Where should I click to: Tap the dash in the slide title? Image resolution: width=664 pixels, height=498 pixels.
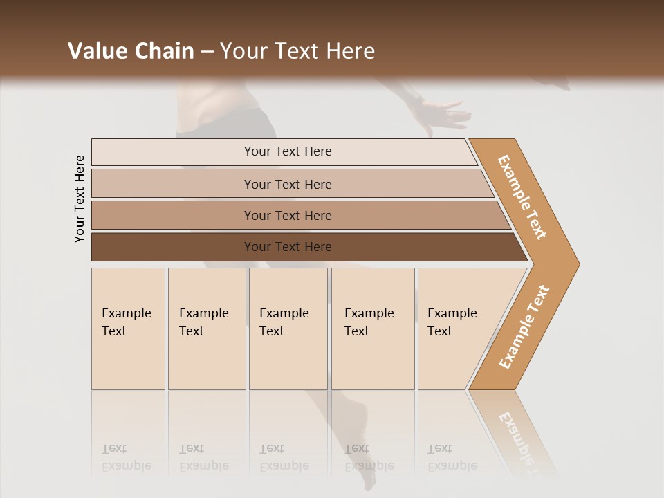click(207, 52)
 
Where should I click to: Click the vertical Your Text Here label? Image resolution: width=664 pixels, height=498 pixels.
click(80, 199)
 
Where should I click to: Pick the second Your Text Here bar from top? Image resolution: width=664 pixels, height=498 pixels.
click(288, 184)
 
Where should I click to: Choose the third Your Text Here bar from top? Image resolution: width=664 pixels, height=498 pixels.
click(288, 215)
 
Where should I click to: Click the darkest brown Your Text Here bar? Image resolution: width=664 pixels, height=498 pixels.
click(288, 247)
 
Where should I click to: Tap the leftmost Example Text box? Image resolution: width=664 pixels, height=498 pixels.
click(128, 329)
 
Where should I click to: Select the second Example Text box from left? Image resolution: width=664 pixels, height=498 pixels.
click(206, 329)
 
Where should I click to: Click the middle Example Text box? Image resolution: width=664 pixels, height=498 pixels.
click(288, 329)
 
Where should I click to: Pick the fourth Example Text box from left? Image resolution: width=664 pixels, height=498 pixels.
click(372, 329)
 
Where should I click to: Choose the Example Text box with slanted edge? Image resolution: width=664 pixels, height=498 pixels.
click(456, 329)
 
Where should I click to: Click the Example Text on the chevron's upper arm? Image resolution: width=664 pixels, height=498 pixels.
click(522, 197)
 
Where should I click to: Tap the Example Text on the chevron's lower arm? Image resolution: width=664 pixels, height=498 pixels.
click(524, 326)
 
